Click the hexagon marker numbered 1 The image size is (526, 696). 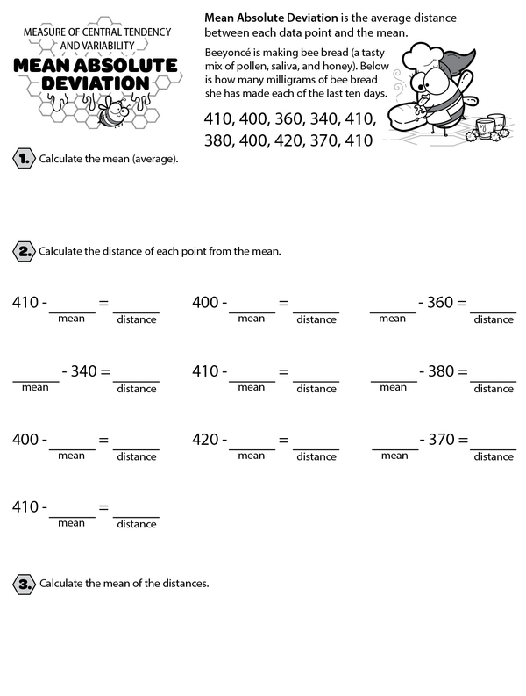(23, 159)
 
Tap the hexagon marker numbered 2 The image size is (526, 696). (23, 252)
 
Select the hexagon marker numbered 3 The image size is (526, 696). (23, 583)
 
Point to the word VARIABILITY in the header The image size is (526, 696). (115, 46)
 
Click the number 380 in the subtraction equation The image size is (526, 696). (439, 371)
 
